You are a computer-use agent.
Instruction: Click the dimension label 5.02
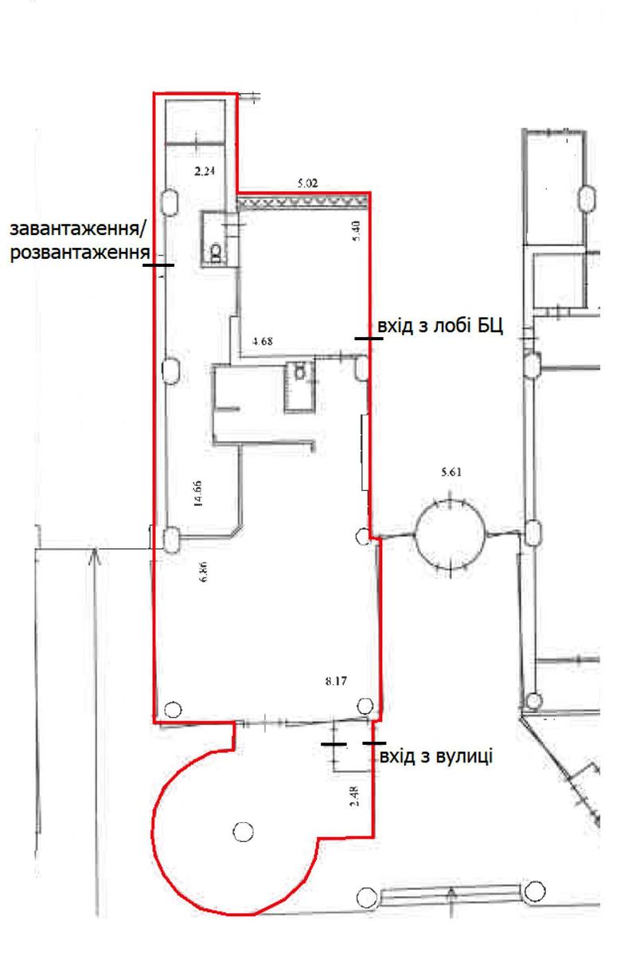[x=307, y=183]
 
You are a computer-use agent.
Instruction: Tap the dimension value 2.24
[x=205, y=171]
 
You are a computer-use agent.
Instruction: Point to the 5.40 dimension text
[x=357, y=230]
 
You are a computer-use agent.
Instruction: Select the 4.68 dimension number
[x=262, y=341]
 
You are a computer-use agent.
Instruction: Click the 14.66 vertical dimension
[x=198, y=493]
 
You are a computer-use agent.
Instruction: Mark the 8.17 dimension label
[x=336, y=680]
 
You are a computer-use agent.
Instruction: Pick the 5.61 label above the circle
[x=451, y=472]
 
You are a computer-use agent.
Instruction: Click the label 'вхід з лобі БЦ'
[x=440, y=326]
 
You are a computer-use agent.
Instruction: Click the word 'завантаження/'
[x=77, y=229]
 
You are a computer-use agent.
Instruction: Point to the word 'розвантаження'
[x=80, y=253]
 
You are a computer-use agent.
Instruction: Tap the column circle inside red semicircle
[x=243, y=832]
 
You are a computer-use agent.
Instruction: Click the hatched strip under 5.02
[x=302, y=202]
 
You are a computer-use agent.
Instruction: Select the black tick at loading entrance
[x=158, y=265]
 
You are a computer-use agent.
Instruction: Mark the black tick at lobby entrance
[x=369, y=339]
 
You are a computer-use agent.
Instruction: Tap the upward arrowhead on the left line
[x=95, y=556]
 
